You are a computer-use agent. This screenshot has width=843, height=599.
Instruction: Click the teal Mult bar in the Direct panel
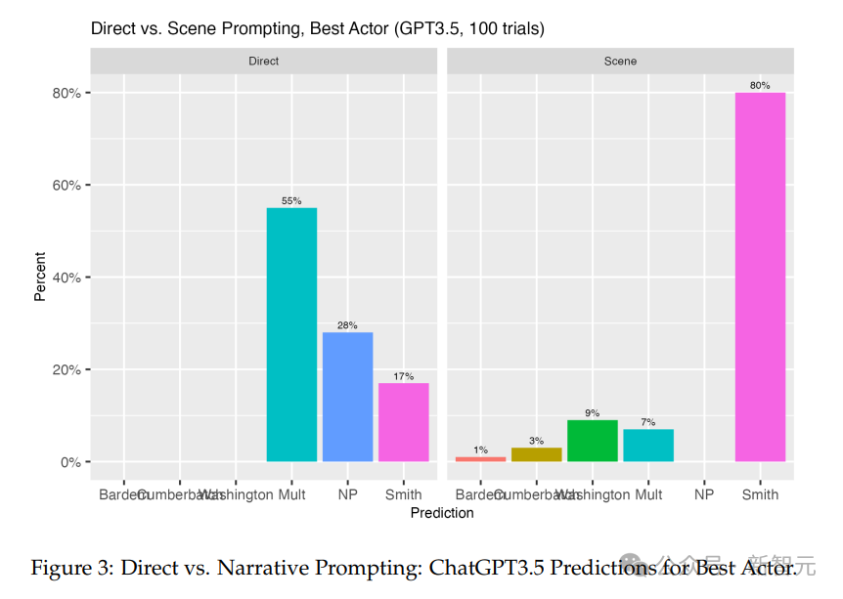[x=291, y=334]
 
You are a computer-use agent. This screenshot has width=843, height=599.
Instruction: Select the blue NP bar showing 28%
[x=347, y=397]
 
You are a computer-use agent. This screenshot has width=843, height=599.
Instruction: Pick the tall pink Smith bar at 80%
[x=760, y=277]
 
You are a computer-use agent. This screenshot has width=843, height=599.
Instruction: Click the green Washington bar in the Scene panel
[x=592, y=441]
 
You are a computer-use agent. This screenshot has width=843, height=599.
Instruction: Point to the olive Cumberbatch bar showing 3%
[x=536, y=454]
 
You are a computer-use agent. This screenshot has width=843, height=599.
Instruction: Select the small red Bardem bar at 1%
[x=480, y=458]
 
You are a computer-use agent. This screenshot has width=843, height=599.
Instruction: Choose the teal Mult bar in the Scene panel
[x=648, y=445]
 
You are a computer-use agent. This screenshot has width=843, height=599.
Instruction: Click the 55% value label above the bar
[x=291, y=200]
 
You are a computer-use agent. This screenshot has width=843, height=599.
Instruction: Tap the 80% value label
[x=760, y=85]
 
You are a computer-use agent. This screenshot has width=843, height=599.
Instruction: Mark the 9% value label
[x=592, y=412]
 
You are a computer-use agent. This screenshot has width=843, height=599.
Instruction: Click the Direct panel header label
[x=263, y=61]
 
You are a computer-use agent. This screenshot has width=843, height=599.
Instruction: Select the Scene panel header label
[x=620, y=61]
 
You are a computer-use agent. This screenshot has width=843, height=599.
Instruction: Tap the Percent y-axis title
[x=40, y=277]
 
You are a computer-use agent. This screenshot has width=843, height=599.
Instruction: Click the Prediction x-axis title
[x=442, y=513]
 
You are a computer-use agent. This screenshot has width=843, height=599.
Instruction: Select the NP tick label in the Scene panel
[x=704, y=494]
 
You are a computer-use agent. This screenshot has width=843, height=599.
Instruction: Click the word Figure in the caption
[x=61, y=568]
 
